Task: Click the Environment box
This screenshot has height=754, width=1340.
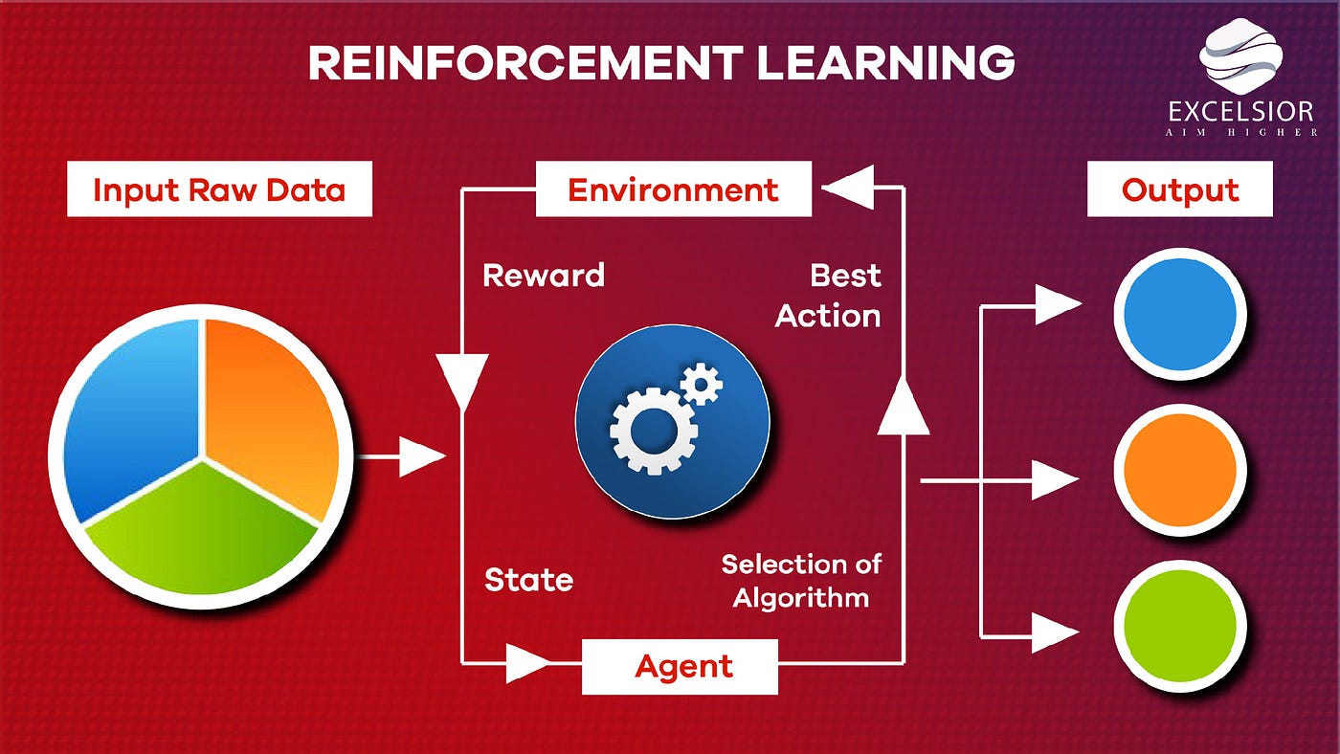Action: tap(673, 189)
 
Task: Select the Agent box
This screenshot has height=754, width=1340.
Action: tap(680, 666)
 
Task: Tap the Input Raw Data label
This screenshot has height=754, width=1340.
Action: tap(218, 189)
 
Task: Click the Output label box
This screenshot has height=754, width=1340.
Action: tap(1179, 189)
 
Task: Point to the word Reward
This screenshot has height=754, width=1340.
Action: tap(544, 276)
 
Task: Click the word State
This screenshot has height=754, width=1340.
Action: tap(528, 580)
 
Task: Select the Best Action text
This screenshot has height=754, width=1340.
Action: tap(829, 296)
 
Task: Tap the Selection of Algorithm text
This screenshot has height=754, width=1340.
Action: tap(800, 581)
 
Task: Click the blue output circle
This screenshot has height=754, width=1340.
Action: tap(1179, 315)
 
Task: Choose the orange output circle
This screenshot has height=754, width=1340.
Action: tap(1179, 471)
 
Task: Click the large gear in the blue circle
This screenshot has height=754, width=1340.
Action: tap(655, 429)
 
